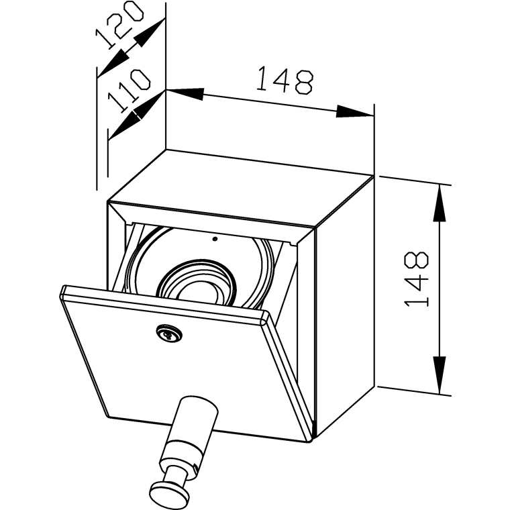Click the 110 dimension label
[128, 91]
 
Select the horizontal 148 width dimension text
[285, 81]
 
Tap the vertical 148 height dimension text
[417, 280]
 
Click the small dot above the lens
[215, 238]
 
